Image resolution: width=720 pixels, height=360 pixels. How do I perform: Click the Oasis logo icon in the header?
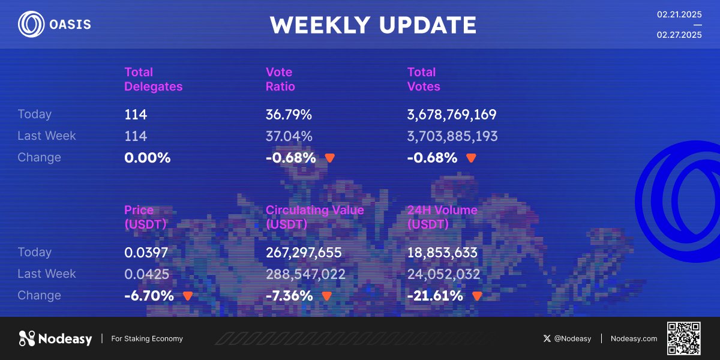tap(31, 24)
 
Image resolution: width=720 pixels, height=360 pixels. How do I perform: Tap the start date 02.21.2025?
tap(679, 14)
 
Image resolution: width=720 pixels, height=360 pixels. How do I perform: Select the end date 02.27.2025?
tap(679, 35)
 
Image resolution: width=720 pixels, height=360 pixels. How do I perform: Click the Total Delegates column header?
tap(154, 79)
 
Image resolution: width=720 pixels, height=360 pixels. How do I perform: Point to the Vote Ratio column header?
tap(280, 79)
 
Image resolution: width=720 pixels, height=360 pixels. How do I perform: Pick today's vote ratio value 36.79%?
tap(289, 115)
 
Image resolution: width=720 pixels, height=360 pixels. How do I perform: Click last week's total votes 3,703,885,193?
tap(452, 136)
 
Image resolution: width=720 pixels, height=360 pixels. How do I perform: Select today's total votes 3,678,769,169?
tap(452, 115)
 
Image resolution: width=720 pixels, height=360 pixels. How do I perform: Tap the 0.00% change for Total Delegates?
tap(147, 158)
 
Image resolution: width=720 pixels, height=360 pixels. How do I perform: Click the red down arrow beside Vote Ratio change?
tap(330, 158)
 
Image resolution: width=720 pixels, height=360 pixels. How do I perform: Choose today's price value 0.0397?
tap(146, 253)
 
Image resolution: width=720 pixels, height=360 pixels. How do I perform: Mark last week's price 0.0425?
tap(146, 274)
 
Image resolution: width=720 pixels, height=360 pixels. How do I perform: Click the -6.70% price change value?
tap(149, 296)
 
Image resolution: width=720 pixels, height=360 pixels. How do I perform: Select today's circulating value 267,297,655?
tap(304, 253)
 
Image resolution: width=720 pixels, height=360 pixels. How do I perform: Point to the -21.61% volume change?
tap(435, 296)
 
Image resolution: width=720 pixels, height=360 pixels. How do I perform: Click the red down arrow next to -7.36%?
tap(327, 296)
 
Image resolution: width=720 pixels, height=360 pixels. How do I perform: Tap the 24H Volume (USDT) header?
tap(442, 217)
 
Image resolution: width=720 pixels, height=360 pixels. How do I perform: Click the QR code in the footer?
tap(684, 338)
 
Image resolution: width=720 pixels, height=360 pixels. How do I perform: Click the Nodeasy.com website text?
tap(634, 338)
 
